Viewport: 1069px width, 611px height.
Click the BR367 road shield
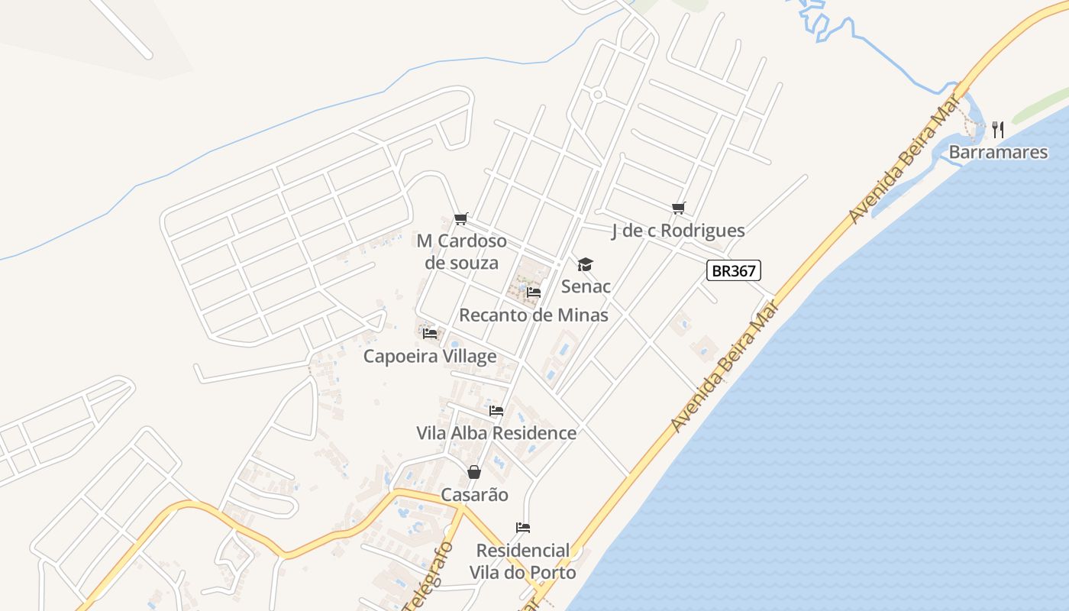734,270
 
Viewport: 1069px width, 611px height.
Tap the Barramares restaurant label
998,152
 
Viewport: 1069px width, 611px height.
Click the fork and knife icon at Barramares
998,130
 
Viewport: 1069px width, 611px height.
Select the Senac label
586,286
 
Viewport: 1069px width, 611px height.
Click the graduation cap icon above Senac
585,264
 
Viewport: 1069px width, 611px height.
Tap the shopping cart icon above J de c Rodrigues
678,208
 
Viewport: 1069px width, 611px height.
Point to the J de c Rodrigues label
678,230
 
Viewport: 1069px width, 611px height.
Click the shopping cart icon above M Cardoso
460,219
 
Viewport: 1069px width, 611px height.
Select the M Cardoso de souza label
461,252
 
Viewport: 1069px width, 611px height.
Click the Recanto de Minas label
534,315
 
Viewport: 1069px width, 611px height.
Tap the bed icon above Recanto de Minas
534,292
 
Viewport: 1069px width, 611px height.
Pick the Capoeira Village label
430,356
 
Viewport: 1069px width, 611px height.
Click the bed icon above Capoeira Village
430,334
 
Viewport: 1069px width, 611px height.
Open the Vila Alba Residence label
496,433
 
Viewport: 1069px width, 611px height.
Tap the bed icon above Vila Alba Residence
496,411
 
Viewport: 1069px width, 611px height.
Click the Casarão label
474,494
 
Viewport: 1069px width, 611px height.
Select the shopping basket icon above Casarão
474,472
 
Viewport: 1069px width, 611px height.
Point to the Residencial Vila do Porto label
523,561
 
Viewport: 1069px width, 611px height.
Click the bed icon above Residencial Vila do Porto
523,528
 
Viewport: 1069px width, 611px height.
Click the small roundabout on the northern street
598,95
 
